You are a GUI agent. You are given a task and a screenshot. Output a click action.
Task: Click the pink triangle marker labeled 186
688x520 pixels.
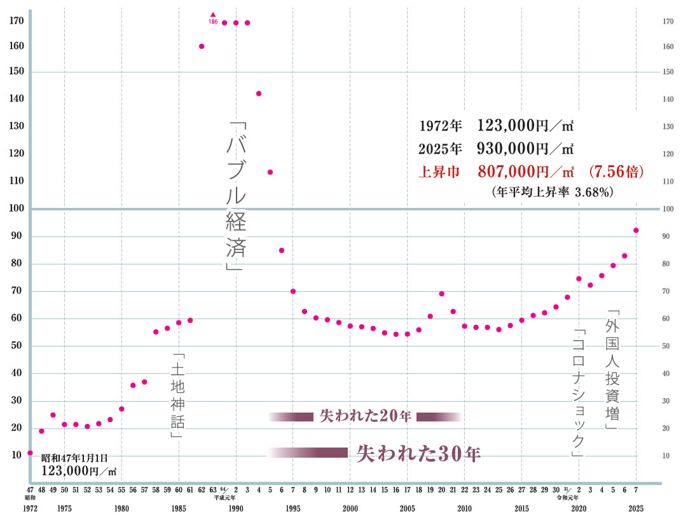click(x=213, y=15)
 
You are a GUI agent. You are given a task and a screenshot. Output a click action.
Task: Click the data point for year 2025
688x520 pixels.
click(x=636, y=230)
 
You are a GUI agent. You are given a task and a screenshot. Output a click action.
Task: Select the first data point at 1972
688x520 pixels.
click(x=30, y=453)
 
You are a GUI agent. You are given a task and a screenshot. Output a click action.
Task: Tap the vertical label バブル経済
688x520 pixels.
click(x=236, y=196)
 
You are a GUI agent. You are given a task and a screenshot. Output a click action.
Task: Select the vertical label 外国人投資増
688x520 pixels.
click(x=612, y=369)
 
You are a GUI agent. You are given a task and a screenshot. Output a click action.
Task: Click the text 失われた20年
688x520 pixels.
click(x=366, y=416)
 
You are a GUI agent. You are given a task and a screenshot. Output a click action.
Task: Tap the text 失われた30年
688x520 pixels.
click(x=418, y=453)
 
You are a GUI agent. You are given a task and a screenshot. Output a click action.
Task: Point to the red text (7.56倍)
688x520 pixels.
click(x=617, y=172)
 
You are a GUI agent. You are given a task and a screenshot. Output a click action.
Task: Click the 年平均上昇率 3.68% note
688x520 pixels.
click(x=553, y=191)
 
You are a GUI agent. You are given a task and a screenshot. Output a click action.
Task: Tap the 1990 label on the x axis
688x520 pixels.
click(x=236, y=509)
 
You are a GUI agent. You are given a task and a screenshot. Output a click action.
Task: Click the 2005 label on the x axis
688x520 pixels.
click(x=407, y=509)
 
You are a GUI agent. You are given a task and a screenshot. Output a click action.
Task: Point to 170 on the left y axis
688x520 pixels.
click(x=17, y=21)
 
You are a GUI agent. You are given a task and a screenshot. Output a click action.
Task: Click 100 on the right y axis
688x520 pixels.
click(x=668, y=209)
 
